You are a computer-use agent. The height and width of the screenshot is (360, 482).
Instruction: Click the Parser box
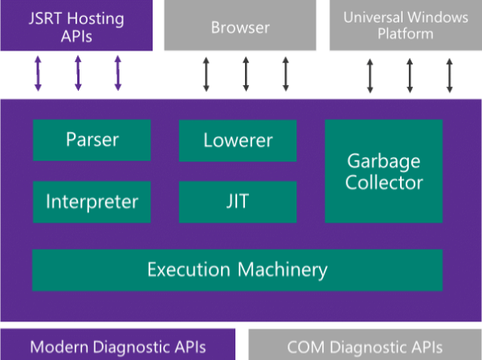[x=92, y=140]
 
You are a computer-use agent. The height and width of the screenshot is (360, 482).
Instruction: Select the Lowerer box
[x=238, y=141]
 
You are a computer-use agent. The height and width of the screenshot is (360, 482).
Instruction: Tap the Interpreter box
[x=92, y=202]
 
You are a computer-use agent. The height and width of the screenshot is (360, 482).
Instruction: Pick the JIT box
[x=238, y=202]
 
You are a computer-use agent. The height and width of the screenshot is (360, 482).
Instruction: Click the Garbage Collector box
[x=383, y=171]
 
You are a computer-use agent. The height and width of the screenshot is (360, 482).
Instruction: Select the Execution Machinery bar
[x=237, y=269]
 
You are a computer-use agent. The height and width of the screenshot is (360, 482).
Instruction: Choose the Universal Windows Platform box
[x=405, y=26]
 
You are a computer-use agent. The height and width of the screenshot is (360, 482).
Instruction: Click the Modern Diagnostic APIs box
[x=118, y=346]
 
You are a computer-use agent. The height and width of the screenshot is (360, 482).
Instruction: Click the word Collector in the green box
[x=384, y=182]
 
